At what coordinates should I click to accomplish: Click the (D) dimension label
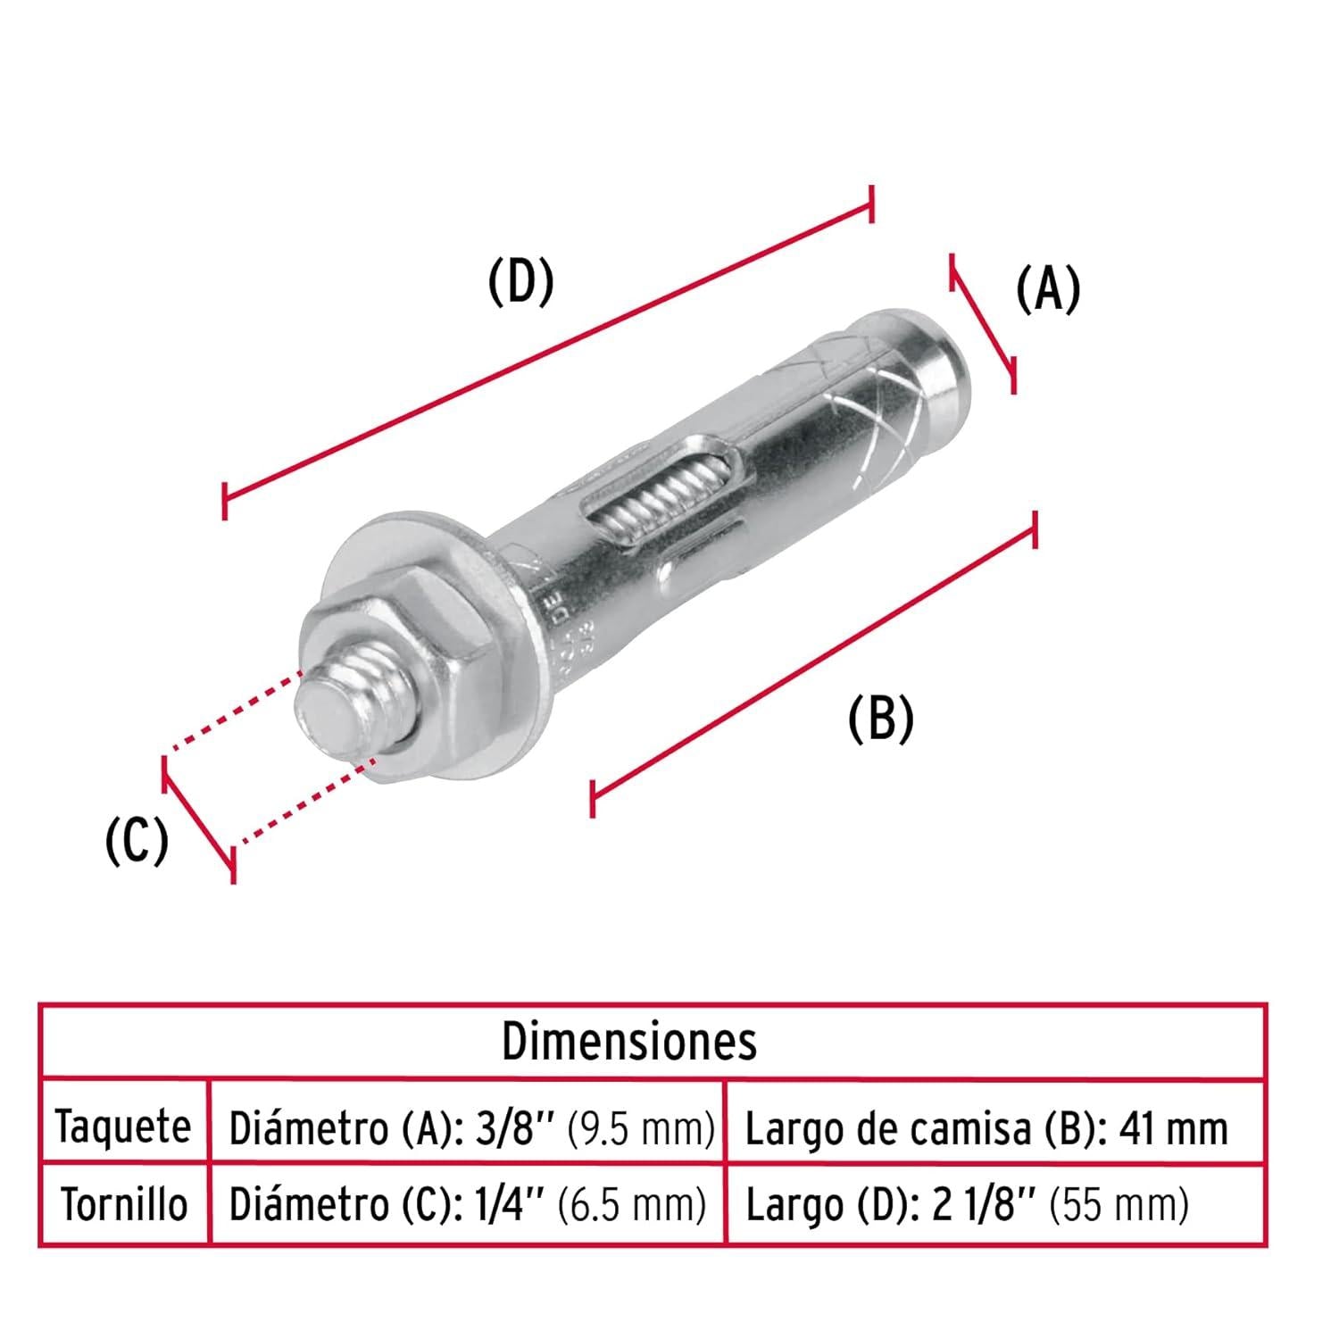pyautogui.click(x=521, y=282)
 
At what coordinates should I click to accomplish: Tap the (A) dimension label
pyautogui.click(x=1048, y=289)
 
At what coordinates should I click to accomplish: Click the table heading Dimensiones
pyautogui.click(x=629, y=1042)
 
